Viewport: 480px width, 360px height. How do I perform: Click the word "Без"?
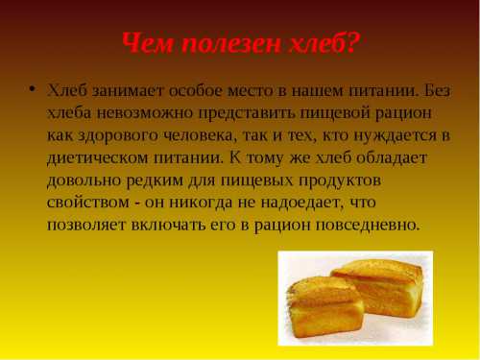(437, 91)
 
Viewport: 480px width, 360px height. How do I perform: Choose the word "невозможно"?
(145, 113)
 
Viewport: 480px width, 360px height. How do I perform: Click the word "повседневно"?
(369, 226)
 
